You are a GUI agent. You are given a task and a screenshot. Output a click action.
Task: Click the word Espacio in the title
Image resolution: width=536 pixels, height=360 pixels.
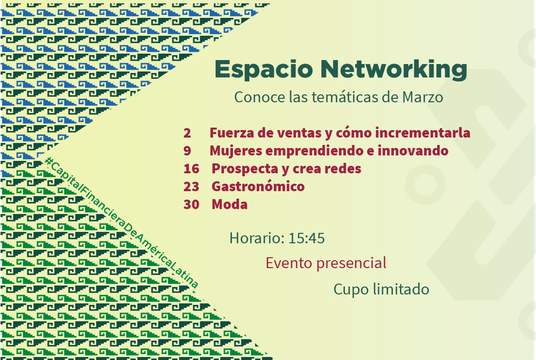coord(264,69)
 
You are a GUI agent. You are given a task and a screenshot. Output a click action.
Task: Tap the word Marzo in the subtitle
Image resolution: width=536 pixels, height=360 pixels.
coord(423,97)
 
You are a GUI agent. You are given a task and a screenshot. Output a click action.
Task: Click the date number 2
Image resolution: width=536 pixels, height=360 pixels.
coord(187,133)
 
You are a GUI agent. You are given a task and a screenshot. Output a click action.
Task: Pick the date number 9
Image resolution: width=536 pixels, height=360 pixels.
coord(187,150)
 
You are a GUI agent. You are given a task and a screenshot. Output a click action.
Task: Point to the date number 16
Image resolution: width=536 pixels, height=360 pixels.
coord(191,168)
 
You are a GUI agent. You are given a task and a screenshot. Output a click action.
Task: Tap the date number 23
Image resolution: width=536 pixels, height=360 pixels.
coord(191,187)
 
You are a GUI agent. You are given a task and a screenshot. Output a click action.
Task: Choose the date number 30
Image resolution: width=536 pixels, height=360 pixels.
coord(191,204)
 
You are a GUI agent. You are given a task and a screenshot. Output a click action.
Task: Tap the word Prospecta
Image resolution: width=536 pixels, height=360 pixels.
coord(245,169)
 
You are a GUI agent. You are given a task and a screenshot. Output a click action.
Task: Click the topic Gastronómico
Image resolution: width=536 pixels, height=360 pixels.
coord(258,187)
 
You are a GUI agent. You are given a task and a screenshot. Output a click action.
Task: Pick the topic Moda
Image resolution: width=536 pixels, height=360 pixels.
coord(230,204)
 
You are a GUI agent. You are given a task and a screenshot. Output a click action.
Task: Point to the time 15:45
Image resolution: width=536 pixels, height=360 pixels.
coord(306,238)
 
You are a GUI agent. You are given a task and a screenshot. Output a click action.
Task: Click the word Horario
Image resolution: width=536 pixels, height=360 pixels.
coord(257,238)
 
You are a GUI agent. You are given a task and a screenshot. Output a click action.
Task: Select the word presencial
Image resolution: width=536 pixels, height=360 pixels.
coord(351,264)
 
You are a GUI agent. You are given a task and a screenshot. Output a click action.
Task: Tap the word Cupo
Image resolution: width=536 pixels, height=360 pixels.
coord(351,290)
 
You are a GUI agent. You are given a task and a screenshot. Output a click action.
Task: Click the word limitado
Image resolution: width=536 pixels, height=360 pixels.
coord(401,289)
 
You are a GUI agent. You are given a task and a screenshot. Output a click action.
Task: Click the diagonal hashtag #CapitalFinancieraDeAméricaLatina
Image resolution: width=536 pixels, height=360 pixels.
coord(121,222)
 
